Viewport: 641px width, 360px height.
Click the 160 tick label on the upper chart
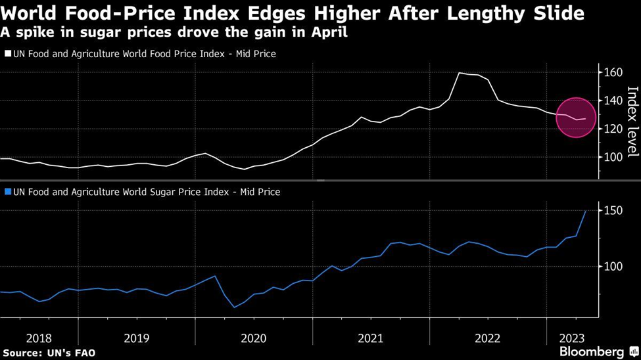coord(613,72)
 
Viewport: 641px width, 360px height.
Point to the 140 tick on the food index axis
coord(613,101)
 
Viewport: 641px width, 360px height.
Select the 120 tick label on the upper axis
coord(613,129)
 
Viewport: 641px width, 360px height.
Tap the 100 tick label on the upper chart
coord(613,157)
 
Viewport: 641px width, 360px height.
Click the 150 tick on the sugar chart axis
coord(613,210)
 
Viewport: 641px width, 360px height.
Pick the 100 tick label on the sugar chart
coord(613,267)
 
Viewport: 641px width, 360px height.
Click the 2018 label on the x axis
coord(39,338)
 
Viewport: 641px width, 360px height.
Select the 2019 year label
coord(136,338)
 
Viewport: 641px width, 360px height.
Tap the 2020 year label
coord(254,338)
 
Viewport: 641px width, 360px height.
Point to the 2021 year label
coord(371,338)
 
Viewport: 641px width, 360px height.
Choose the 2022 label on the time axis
coord(488,338)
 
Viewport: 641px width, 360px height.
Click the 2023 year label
coord(572,338)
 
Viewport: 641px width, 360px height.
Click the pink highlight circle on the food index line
coord(576,118)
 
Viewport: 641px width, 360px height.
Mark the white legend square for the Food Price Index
coord(7,54)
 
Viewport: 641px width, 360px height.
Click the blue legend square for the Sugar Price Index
coord(7,192)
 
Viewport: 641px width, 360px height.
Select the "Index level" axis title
coord(632,122)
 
